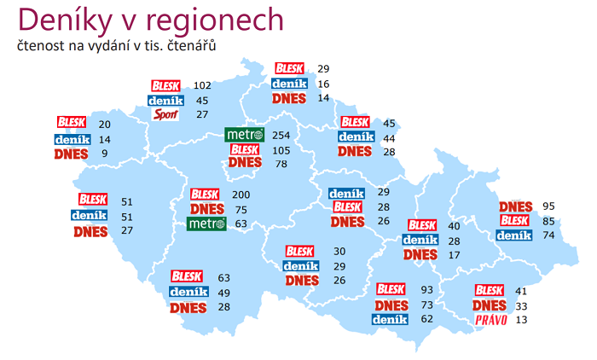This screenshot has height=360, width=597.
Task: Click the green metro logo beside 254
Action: pyautogui.click(x=245, y=135)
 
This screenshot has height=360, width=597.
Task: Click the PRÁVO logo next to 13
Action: pyautogui.click(x=491, y=321)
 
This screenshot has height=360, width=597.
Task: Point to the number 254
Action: pyautogui.click(x=281, y=135)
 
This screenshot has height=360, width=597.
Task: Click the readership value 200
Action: pyautogui.click(x=241, y=195)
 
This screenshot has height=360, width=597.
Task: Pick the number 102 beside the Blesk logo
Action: pyautogui.click(x=202, y=85)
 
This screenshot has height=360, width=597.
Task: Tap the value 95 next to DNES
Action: pyautogui.click(x=548, y=206)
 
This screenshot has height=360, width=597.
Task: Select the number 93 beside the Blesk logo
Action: pyautogui.click(x=427, y=290)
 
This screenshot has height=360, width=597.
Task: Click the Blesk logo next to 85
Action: pyautogui.click(x=515, y=220)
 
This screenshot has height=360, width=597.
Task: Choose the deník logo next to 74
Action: pyautogui.click(x=514, y=235)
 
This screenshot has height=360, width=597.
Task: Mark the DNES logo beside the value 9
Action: pyautogui.click(x=70, y=154)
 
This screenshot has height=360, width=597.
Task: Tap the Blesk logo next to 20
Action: pyautogui.click(x=72, y=123)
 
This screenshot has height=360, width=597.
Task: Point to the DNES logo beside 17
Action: pyautogui.click(x=420, y=254)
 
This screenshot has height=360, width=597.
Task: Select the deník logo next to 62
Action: pyautogui.click(x=391, y=319)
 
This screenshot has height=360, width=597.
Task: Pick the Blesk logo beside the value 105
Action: pyautogui.click(x=245, y=149)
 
